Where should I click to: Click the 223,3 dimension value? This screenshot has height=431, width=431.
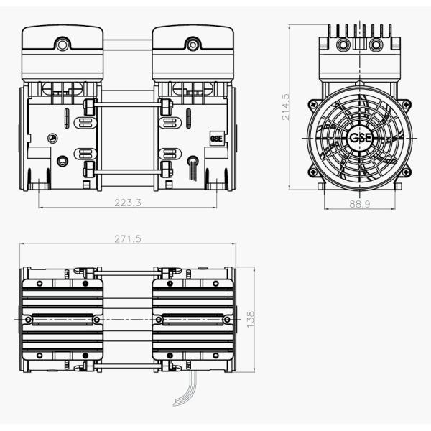click(x=128, y=203)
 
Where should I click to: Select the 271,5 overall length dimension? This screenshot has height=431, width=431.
click(x=128, y=238)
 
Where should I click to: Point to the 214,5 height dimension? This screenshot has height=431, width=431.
click(x=286, y=106)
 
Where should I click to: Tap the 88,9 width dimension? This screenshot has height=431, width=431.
click(x=359, y=204)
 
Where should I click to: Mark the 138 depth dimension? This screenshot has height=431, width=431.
click(x=251, y=319)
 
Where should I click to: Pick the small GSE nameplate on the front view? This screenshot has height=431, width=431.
click(x=216, y=139)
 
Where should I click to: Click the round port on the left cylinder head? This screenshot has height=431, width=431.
click(x=62, y=45)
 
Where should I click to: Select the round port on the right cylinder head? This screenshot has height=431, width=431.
click(x=193, y=45)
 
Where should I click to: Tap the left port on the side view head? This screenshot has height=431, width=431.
click(x=341, y=45)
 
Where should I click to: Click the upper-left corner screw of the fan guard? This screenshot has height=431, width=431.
click(x=312, y=104)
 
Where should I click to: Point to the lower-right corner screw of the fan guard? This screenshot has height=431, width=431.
click(x=406, y=172)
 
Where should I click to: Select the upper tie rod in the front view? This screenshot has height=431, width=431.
click(x=128, y=106)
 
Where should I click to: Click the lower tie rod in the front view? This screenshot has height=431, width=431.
click(x=128, y=171)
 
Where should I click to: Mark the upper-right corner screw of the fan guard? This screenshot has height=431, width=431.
click(x=406, y=104)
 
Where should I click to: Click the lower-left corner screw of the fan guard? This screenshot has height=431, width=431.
click(x=312, y=172)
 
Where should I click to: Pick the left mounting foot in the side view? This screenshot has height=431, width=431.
click(x=321, y=187)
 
